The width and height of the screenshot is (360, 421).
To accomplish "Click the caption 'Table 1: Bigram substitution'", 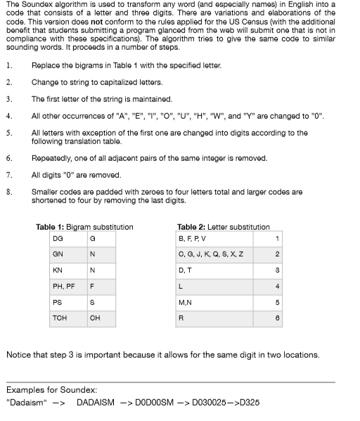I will click(x=84, y=227).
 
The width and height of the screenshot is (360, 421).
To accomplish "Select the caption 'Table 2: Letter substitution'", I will click(x=223, y=227).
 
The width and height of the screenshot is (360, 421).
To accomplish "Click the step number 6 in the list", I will click(x=8, y=160).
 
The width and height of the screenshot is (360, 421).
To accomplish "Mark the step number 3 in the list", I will click(x=8, y=99).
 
